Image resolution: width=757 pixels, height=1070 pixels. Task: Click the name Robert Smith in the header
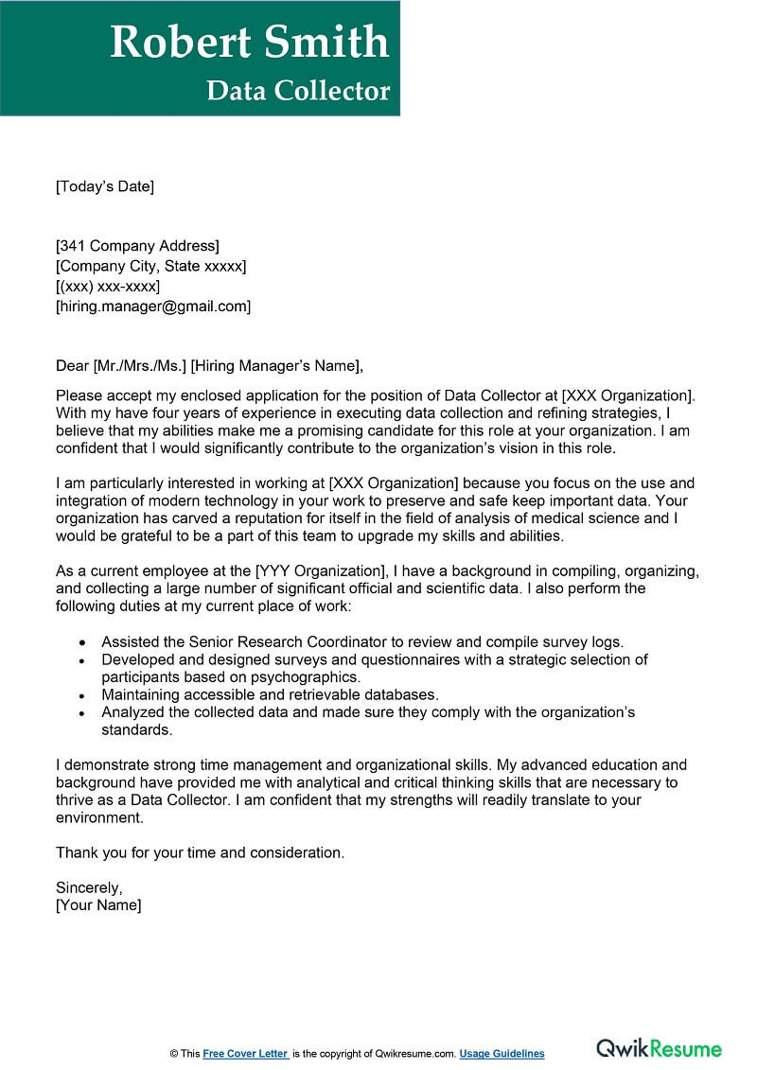pyautogui.click(x=249, y=43)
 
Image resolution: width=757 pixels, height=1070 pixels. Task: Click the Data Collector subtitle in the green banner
pyautogui.click(x=298, y=91)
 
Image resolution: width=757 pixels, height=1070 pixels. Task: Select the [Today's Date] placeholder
pyautogui.click(x=104, y=186)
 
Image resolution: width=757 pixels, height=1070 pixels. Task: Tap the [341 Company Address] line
pyautogui.click(x=137, y=246)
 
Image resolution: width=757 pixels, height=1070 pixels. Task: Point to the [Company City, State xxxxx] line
pyautogui.click(x=150, y=266)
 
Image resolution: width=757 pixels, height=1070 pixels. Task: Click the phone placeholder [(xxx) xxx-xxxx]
pyautogui.click(x=108, y=286)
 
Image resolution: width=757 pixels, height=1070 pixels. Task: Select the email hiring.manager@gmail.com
pyautogui.click(x=153, y=306)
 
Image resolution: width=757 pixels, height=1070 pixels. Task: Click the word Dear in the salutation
pyautogui.click(x=72, y=365)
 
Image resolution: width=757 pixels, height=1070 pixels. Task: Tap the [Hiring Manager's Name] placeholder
pyautogui.click(x=276, y=365)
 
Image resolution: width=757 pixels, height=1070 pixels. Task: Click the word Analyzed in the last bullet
pyautogui.click(x=133, y=712)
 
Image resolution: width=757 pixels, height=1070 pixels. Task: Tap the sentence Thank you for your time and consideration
pyautogui.click(x=200, y=852)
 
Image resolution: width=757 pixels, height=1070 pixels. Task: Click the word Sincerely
pyautogui.click(x=89, y=887)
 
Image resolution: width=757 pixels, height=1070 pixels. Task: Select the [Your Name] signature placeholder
pyautogui.click(x=98, y=905)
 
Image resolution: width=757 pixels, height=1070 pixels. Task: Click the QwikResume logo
pyautogui.click(x=659, y=1048)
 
